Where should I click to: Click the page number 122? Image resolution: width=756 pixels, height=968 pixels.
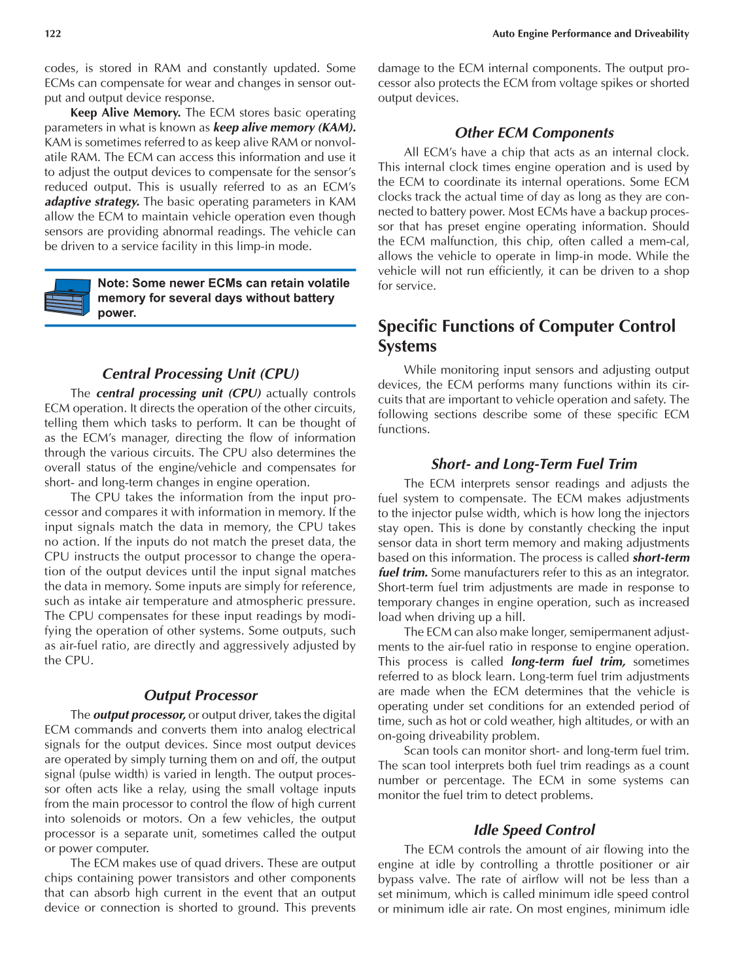pyautogui.click(x=53, y=33)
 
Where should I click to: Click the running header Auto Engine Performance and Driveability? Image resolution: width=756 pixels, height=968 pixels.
pyautogui.click(x=590, y=33)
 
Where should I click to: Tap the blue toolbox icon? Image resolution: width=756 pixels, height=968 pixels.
pyautogui.click(x=67, y=298)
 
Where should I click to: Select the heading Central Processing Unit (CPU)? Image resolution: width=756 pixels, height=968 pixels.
pyautogui.click(x=200, y=374)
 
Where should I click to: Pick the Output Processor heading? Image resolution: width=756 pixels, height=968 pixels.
pyautogui.click(x=200, y=695)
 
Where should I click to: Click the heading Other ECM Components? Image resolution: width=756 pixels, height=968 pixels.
pyautogui.click(x=534, y=133)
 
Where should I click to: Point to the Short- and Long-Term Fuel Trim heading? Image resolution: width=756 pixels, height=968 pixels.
pyautogui.click(x=534, y=464)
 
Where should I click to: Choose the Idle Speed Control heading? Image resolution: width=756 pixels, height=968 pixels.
pyautogui.click(x=534, y=830)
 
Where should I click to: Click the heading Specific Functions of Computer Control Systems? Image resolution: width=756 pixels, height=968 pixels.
pyautogui.click(x=526, y=336)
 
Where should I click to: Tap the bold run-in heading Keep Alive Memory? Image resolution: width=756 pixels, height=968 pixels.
pyautogui.click(x=126, y=113)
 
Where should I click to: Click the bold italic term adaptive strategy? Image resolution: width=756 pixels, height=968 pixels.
pyautogui.click(x=92, y=202)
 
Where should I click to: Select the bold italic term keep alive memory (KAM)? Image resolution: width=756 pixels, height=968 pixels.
pyautogui.click(x=284, y=128)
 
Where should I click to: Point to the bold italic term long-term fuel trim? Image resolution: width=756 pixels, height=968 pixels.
pyautogui.click(x=568, y=662)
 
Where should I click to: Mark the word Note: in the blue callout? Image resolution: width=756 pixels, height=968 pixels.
pyautogui.click(x=113, y=283)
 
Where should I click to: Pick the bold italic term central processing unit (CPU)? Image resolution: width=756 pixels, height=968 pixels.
pyautogui.click(x=179, y=393)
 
